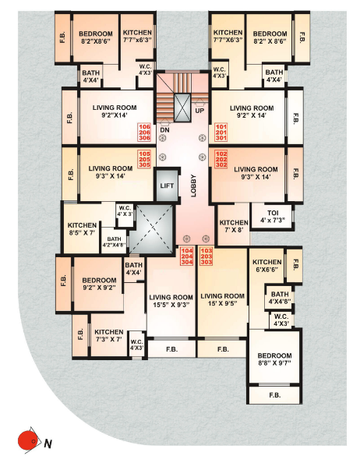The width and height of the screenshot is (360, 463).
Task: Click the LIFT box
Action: pyautogui.click(x=166, y=186)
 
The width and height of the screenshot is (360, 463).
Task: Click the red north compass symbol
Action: pyautogui.click(x=30, y=440)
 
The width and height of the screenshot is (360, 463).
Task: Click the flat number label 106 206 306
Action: pyautogui.click(x=144, y=132)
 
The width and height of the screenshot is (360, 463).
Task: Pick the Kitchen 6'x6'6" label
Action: pyautogui.click(x=266, y=267)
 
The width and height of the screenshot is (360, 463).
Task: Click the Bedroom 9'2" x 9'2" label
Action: pyautogui.click(x=99, y=284)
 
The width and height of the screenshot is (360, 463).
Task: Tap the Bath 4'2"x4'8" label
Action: pyautogui.click(x=114, y=242)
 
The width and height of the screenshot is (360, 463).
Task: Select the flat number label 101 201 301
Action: pyautogui.click(x=221, y=132)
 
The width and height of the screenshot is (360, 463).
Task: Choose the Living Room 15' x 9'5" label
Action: pyautogui.click(x=222, y=301)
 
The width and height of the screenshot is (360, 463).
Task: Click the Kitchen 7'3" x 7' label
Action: pyautogui.click(x=108, y=335)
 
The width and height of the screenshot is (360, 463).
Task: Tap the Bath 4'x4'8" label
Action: pyautogui.click(x=280, y=299)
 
